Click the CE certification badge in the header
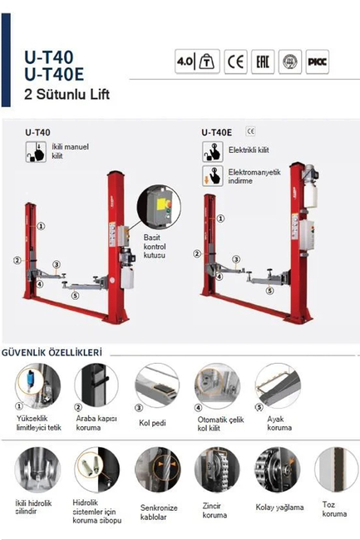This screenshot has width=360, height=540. coord(235,62)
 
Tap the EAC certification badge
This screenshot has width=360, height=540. coord(262,62)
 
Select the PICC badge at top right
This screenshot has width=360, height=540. coord(319,62)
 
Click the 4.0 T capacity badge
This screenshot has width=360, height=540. coord(196,62)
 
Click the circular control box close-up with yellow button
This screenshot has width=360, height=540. coord(158,208)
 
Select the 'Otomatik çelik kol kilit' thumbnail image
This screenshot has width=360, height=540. coord(215,385)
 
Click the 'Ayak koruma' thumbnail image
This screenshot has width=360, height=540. coord(277,385)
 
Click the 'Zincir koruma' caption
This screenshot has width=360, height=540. coord(216,510)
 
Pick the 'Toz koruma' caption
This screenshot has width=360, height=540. coord(334,509)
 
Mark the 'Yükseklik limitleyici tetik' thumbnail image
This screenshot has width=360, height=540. coord(36,385)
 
